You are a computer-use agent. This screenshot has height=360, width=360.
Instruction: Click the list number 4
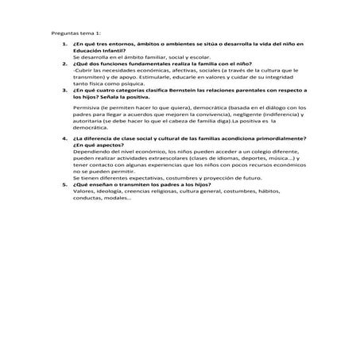tap(64, 138)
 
